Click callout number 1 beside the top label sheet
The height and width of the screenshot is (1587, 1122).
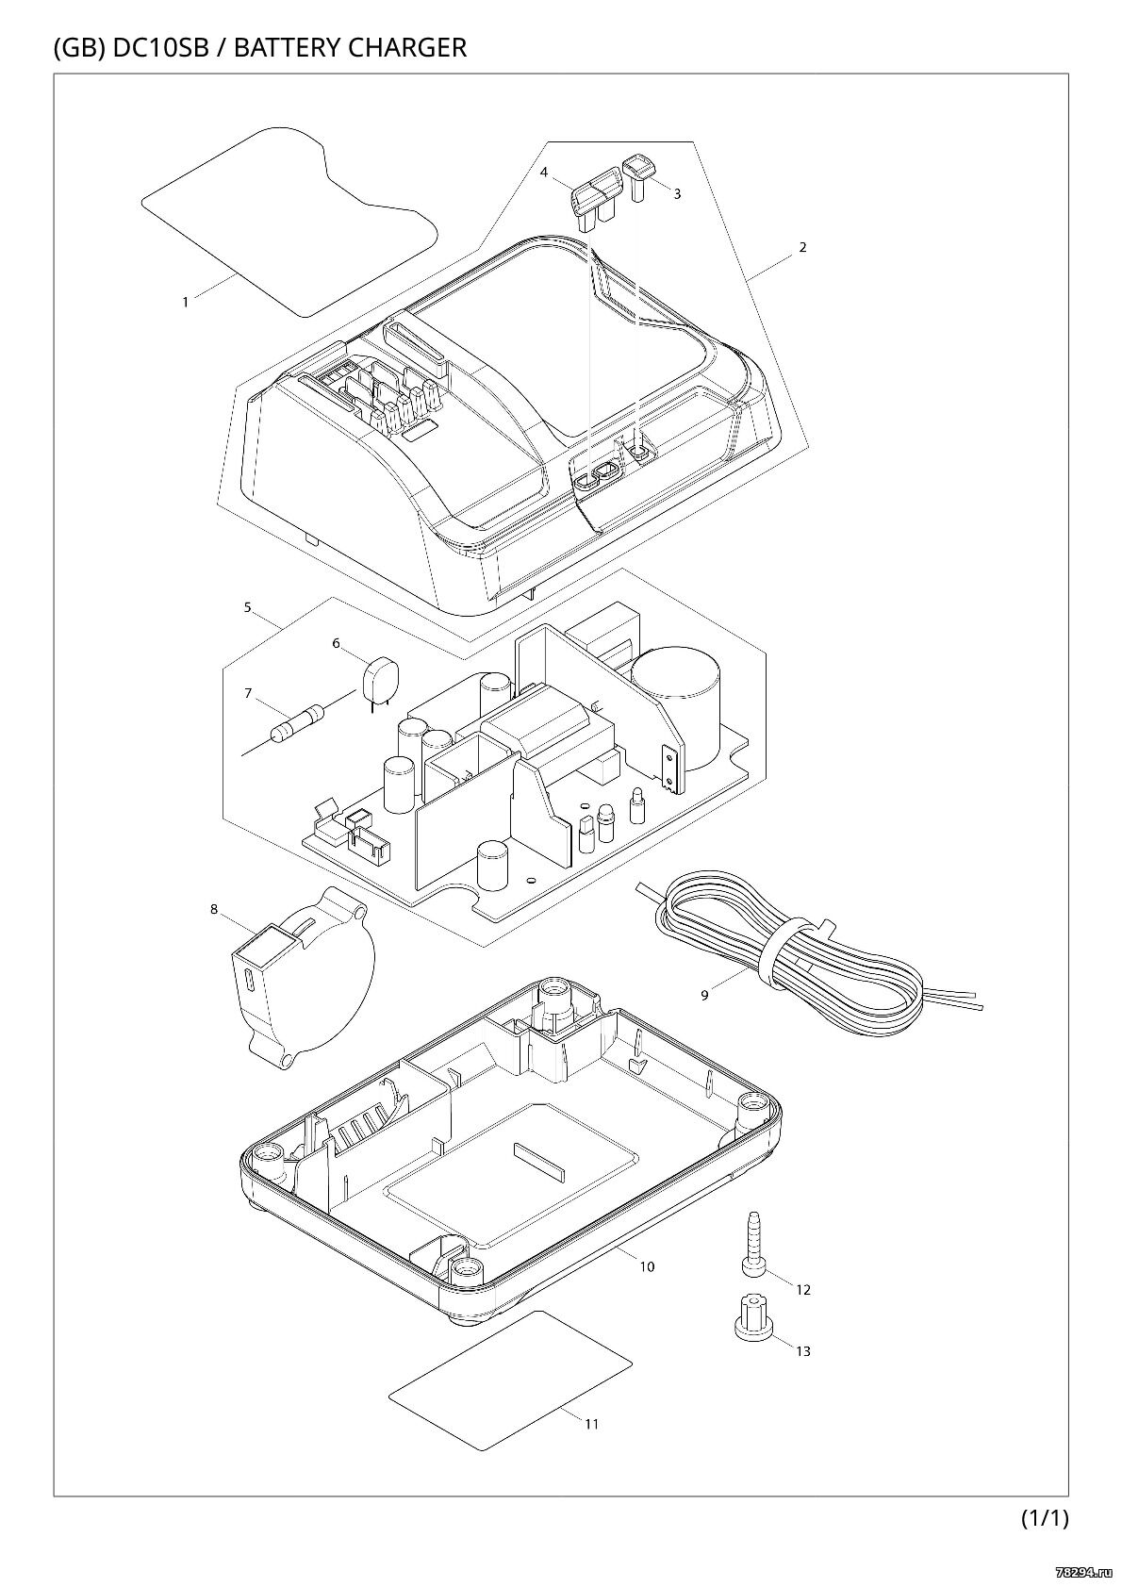point(186,302)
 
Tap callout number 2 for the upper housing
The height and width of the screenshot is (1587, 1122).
point(802,247)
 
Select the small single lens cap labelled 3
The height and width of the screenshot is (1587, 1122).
point(638,177)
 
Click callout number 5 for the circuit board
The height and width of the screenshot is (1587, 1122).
point(247,607)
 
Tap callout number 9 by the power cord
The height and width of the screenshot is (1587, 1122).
point(704,996)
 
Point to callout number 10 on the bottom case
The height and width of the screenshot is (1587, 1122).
point(647,1266)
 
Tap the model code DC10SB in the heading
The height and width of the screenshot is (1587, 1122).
point(161,47)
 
